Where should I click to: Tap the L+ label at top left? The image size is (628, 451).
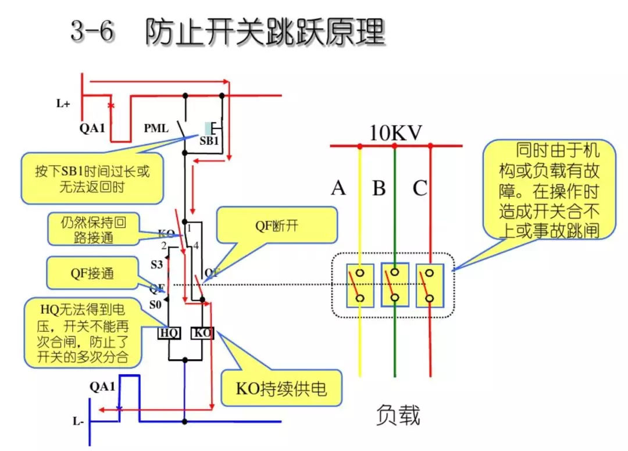63,104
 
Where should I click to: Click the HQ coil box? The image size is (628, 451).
169,333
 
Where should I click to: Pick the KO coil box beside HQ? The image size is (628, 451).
202,333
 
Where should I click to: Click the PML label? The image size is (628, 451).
156,127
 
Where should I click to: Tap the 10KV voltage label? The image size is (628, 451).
395,133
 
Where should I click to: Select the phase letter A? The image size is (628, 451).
338,188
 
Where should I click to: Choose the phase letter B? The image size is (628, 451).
379,188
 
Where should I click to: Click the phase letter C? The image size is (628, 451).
420,188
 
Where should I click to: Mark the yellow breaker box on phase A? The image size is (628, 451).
361,285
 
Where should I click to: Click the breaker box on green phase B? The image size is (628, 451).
395,285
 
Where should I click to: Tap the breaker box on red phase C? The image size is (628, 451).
430,285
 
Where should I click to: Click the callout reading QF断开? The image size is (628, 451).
277,226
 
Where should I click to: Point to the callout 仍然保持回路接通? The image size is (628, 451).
93,229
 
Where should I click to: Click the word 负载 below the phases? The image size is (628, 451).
398,415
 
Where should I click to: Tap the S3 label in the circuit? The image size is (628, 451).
156,264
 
